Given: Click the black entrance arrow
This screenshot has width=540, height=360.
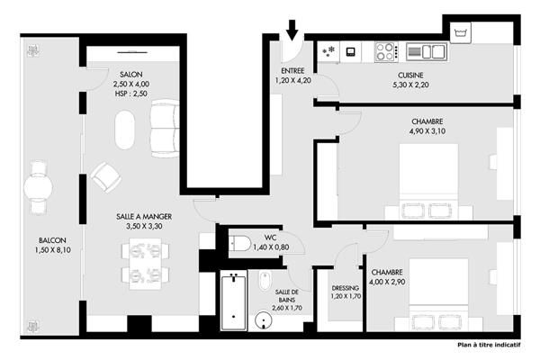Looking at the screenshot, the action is point(292,30).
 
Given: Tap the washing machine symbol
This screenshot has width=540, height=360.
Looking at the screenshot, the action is point(461,32).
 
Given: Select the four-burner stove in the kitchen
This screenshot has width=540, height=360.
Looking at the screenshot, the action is point(386,51).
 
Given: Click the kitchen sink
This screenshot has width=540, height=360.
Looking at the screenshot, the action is point(427,51).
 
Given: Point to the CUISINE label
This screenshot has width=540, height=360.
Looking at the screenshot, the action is point(410,75).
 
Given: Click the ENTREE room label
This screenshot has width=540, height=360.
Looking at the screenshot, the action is point(292,70).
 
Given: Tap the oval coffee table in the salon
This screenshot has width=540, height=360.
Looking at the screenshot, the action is point(125,130).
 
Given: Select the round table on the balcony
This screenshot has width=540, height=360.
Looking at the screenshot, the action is point(38,188).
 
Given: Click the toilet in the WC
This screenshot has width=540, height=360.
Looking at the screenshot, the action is point(240,244).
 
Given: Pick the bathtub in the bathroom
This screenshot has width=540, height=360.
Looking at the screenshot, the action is point(233,301).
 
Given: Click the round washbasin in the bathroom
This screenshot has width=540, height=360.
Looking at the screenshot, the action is point(264,320).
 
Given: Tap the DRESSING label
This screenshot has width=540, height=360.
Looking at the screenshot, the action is point(345,288).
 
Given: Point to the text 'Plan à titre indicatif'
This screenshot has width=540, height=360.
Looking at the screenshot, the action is point(489,345).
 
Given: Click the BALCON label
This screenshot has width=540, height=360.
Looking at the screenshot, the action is point(52,240).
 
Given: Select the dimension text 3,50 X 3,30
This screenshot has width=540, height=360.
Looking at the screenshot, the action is point(144,226).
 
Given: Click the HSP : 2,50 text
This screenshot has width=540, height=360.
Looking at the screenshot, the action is point(131,94).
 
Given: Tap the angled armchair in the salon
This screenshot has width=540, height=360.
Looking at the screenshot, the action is point(105,177).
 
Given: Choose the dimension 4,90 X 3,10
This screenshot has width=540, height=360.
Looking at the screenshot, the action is point(427,131).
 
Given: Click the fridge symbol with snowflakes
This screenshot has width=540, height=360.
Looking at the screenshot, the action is point(328,51).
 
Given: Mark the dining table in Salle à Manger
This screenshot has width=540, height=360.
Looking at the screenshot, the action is point(145,264).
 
